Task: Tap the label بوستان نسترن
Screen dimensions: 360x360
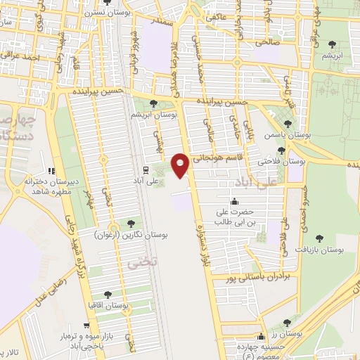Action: pos(96,13)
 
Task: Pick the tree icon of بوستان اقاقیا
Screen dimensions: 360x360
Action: pos(108,294)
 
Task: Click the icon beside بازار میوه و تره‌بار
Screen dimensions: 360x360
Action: pos(85,327)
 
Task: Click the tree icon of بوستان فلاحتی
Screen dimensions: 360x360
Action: pos(281,150)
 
